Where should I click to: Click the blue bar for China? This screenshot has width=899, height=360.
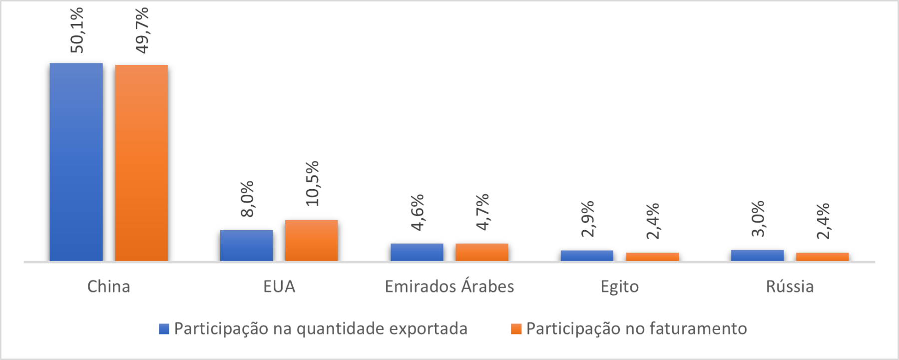coord(76,162)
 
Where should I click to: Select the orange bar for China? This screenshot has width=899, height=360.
coord(141,163)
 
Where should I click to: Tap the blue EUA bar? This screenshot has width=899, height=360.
coord(246,245)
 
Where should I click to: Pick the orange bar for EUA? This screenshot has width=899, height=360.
coord(311,240)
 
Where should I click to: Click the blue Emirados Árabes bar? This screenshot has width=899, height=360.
coord(417,252)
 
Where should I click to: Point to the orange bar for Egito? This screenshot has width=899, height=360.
coord(652,257)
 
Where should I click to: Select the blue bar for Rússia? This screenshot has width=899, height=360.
coord(757,255)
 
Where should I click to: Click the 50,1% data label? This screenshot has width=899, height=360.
coord(77,30)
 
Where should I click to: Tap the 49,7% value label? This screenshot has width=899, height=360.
coord(142,30)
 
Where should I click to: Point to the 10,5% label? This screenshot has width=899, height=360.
coord(312,183)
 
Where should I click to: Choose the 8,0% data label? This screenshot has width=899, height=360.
coord(247,198)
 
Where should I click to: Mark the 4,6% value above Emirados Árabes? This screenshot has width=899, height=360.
coord(418,212)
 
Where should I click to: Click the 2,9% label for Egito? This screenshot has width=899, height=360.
coord(588,218)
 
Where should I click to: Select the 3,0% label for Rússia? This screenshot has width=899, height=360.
coord(758,218)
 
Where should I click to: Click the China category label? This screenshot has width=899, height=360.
coord(108,287)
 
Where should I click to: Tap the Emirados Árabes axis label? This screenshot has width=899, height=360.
coord(449,287)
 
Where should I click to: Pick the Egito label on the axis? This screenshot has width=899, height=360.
coord(619,287)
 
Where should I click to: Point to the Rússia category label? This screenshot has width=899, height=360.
coord(790,287)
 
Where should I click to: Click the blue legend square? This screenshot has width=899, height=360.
coord(164,329)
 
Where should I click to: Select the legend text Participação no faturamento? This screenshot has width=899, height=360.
coord(636,329)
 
